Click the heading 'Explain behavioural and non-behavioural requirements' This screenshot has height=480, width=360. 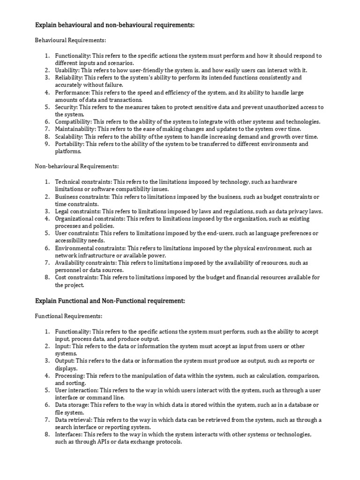[x=115, y=25]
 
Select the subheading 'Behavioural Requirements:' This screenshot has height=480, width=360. [x=70, y=41]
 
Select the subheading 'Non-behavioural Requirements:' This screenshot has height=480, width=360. [x=77, y=166]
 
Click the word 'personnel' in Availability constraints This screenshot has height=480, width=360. [x=68, y=270]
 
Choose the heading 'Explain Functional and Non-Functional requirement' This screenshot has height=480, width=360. [x=110, y=301]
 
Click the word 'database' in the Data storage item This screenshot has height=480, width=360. [x=298, y=405]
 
